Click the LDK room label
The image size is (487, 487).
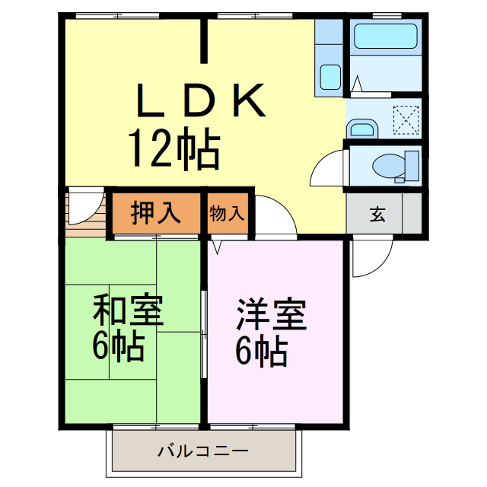201,100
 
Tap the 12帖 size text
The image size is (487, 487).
173,148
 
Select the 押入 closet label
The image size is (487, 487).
155,213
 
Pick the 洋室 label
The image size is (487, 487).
272,314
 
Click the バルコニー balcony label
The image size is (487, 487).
203,451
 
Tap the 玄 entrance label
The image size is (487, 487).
377,214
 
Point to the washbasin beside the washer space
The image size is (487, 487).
363,128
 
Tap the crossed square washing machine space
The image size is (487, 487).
406,119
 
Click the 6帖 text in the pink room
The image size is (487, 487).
261,351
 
